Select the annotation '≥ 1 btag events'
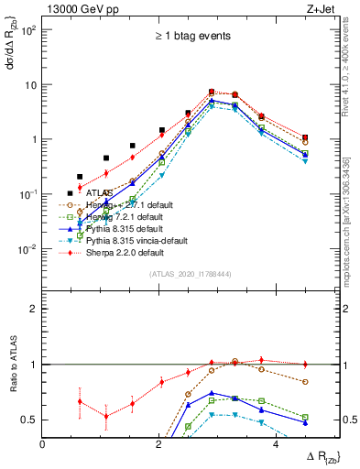click(191, 36)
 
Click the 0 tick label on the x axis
click(43, 444)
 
